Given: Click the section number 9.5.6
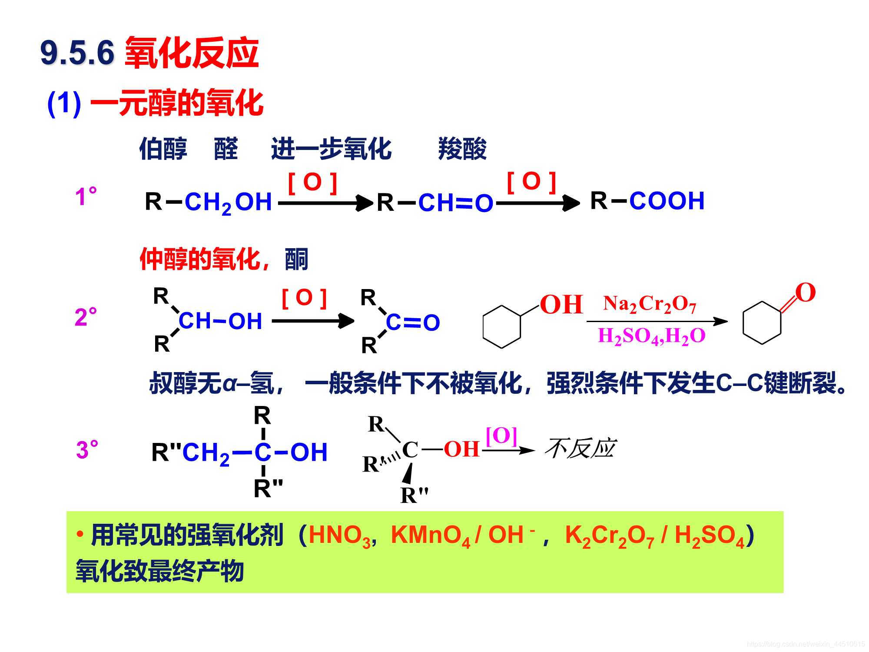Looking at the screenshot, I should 77,53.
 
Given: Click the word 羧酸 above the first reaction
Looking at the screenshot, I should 462,149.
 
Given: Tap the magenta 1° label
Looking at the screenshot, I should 86,196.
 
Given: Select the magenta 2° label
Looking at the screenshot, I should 86,317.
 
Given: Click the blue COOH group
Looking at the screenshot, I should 667,201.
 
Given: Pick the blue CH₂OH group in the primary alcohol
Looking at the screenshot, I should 228,203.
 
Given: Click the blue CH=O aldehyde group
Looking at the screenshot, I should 455,203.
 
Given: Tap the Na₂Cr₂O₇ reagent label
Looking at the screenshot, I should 650,304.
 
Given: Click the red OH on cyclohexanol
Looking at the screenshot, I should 561,304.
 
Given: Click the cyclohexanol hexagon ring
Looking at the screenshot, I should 502,327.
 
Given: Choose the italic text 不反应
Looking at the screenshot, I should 580,449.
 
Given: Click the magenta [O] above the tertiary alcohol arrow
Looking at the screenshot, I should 501,436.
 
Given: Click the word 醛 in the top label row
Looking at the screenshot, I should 226,149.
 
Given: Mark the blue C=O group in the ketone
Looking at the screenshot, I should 413,323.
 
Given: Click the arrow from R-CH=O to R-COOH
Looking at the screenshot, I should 538,203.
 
